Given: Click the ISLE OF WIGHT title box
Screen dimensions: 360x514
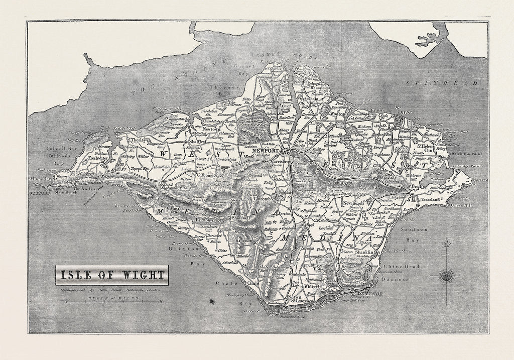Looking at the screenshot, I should pos(112,275).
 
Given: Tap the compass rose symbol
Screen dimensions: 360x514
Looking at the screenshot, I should pos(446,275).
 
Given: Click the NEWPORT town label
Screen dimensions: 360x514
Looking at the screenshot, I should pos(266,150).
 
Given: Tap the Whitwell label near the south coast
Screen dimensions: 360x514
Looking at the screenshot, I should pos(312,286).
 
